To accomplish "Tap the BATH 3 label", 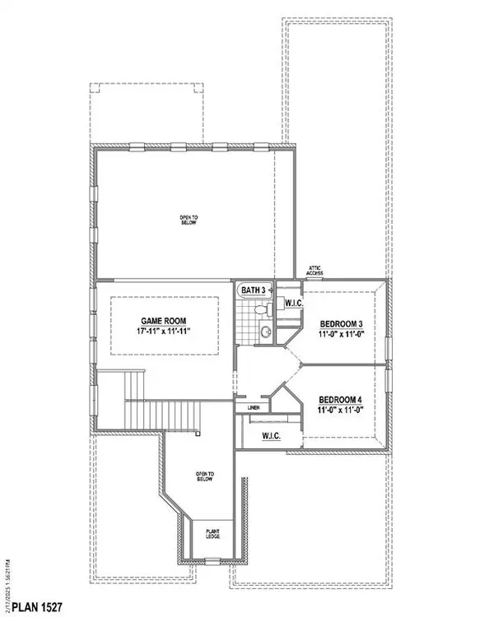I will click(x=253, y=290).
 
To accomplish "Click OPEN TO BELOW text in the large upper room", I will click(x=189, y=220).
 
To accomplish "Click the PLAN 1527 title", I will click(x=30, y=606).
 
